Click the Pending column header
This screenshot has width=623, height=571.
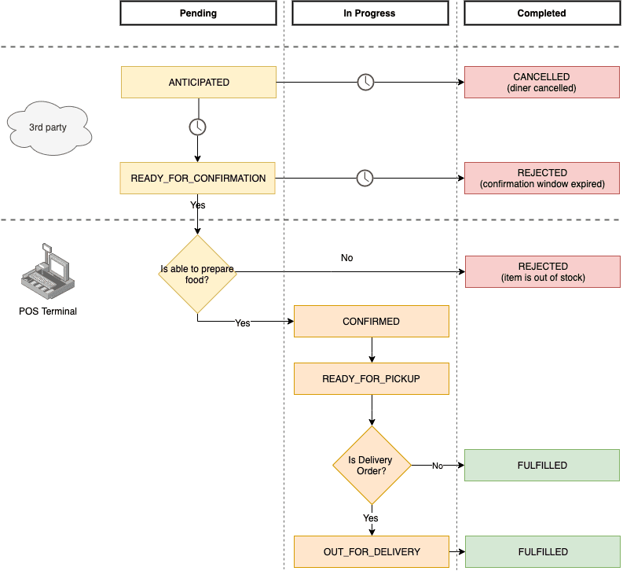pos(198,13)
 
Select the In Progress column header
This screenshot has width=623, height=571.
pos(370,13)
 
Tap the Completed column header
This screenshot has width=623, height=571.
pos(541,13)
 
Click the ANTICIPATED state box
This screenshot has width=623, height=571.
pos(199,83)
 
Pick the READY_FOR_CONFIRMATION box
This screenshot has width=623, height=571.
pos(198,179)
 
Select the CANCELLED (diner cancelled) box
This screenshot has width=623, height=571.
pos(542,83)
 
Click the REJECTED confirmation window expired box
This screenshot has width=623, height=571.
pos(542,179)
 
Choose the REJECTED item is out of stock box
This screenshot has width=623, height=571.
pos(542,272)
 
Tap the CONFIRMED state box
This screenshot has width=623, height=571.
pos(371,322)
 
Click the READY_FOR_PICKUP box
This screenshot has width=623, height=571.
pos(371,379)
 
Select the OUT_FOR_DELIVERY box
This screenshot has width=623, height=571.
pos(371,552)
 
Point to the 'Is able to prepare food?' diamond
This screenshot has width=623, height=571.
pos(197,274)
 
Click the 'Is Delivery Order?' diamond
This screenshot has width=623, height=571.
pos(371,465)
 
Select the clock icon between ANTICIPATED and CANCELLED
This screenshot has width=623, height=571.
pos(365,82)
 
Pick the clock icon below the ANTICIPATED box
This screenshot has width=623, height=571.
pos(197,127)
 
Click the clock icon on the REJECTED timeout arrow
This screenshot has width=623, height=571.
pos(365,179)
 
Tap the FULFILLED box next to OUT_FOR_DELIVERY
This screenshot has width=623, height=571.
pos(542,552)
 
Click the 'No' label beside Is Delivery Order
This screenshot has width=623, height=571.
pos(438,466)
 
